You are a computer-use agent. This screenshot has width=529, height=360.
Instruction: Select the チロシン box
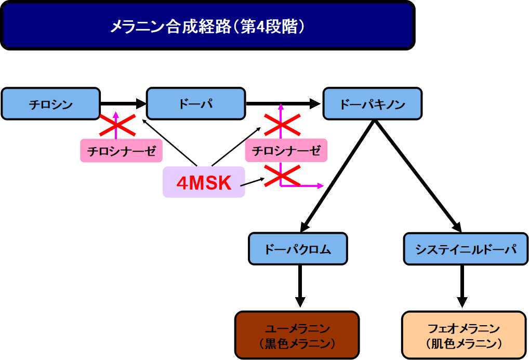point(50,104)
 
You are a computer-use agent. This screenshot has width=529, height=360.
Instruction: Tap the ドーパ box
point(195,104)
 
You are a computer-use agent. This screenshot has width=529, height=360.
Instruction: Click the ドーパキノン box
point(372,104)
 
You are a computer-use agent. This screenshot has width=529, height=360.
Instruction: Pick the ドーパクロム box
point(297,248)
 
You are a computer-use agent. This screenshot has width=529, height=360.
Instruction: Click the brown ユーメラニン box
point(297,335)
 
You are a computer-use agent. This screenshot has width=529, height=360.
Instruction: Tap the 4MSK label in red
point(204,183)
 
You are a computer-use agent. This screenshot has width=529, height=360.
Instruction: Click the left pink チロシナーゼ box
point(121,151)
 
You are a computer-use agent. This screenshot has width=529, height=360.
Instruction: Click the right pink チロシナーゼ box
point(286,151)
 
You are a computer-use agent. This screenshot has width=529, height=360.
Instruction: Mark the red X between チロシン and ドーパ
point(117,125)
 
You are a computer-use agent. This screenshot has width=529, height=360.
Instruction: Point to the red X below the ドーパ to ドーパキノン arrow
point(282,125)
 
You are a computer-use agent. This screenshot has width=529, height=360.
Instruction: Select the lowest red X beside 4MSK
point(282,176)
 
